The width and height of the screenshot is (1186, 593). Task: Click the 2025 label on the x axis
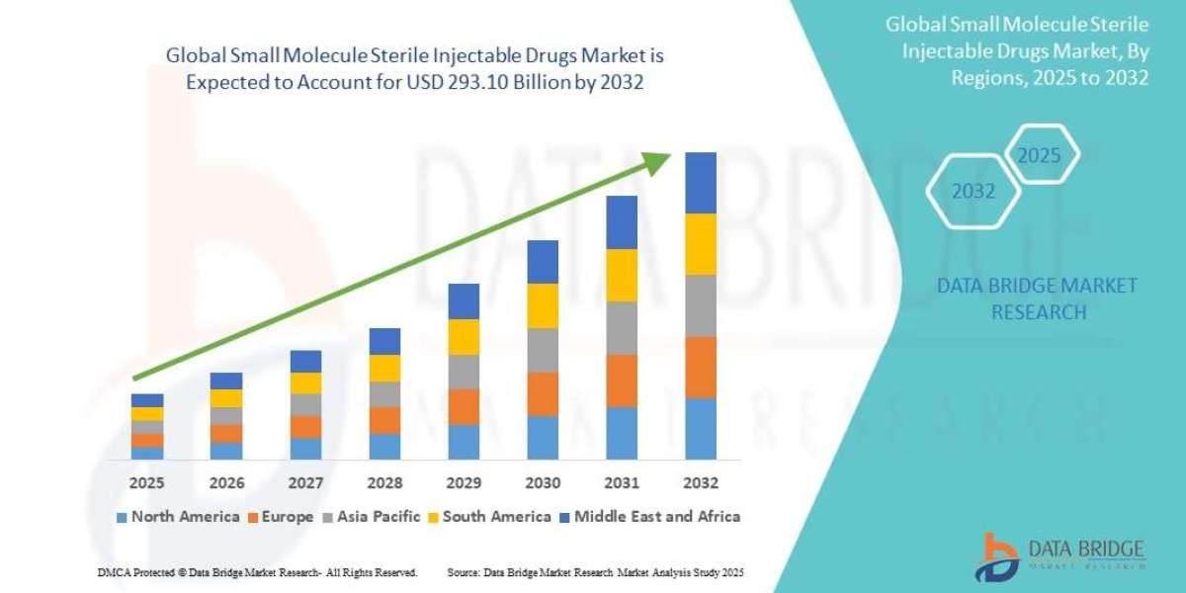146,483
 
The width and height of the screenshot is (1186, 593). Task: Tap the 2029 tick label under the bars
464,483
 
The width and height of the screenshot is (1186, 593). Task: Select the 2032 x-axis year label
701,483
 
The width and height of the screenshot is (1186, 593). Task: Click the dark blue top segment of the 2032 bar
701,183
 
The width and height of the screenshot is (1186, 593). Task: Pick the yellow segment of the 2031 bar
622,275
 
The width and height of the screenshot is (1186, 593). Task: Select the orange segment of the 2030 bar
543,393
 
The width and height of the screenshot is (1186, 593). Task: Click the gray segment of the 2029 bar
464,372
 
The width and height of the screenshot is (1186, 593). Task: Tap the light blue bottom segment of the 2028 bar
384,446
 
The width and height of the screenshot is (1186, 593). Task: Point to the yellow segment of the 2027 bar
305,383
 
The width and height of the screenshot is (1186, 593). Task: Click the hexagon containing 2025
1039,156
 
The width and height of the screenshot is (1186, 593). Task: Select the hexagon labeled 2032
974,192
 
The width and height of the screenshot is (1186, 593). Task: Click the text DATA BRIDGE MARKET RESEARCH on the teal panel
1037,298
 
